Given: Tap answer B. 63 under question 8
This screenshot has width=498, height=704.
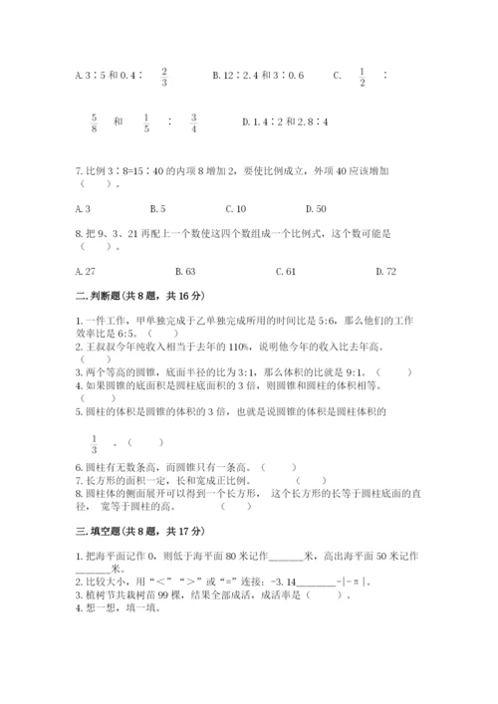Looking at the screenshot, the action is click(x=184, y=270).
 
